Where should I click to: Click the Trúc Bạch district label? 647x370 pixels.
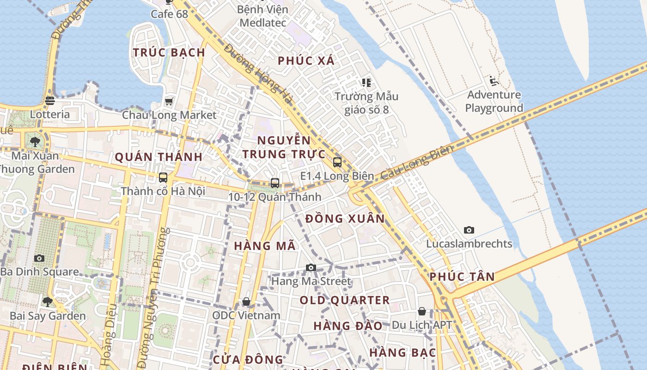[169, 52]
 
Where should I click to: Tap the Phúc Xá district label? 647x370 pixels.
[306, 61]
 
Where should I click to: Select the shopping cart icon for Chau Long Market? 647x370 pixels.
[169, 101]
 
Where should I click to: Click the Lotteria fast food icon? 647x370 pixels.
[50, 100]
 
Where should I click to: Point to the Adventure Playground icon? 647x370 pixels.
[494, 81]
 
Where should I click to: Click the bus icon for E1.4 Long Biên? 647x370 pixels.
[337, 162]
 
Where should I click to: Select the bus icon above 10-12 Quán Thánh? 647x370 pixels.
[275, 183]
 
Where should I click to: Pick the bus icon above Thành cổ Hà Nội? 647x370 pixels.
[163, 177]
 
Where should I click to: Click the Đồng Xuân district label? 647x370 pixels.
[345, 218]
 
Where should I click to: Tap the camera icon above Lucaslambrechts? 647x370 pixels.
[469, 230]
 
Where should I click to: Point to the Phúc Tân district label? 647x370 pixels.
[462, 277]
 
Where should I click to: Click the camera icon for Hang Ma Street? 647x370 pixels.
[311, 267]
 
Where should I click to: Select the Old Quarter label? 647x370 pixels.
[345, 300]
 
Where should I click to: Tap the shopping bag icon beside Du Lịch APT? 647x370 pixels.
[422, 311]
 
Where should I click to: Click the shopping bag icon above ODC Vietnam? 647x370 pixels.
[246, 302]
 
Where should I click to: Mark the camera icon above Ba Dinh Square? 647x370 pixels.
[39, 258]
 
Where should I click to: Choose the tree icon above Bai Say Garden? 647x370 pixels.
[47, 302]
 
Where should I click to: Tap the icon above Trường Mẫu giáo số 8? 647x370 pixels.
[366, 83]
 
